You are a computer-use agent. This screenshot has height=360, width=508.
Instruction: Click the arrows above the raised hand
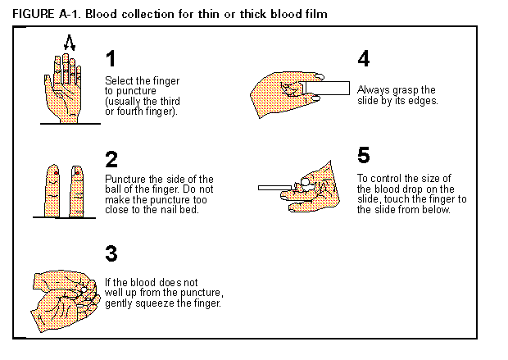[70, 42]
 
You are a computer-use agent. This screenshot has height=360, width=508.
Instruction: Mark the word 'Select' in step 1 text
[118, 80]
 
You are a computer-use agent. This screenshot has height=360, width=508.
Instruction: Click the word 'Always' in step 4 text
[371, 89]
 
